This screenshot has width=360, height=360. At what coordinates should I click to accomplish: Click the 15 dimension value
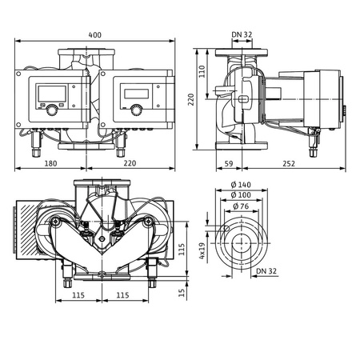pos(182,292)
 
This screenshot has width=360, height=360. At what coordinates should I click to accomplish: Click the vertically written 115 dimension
pos(182,250)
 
